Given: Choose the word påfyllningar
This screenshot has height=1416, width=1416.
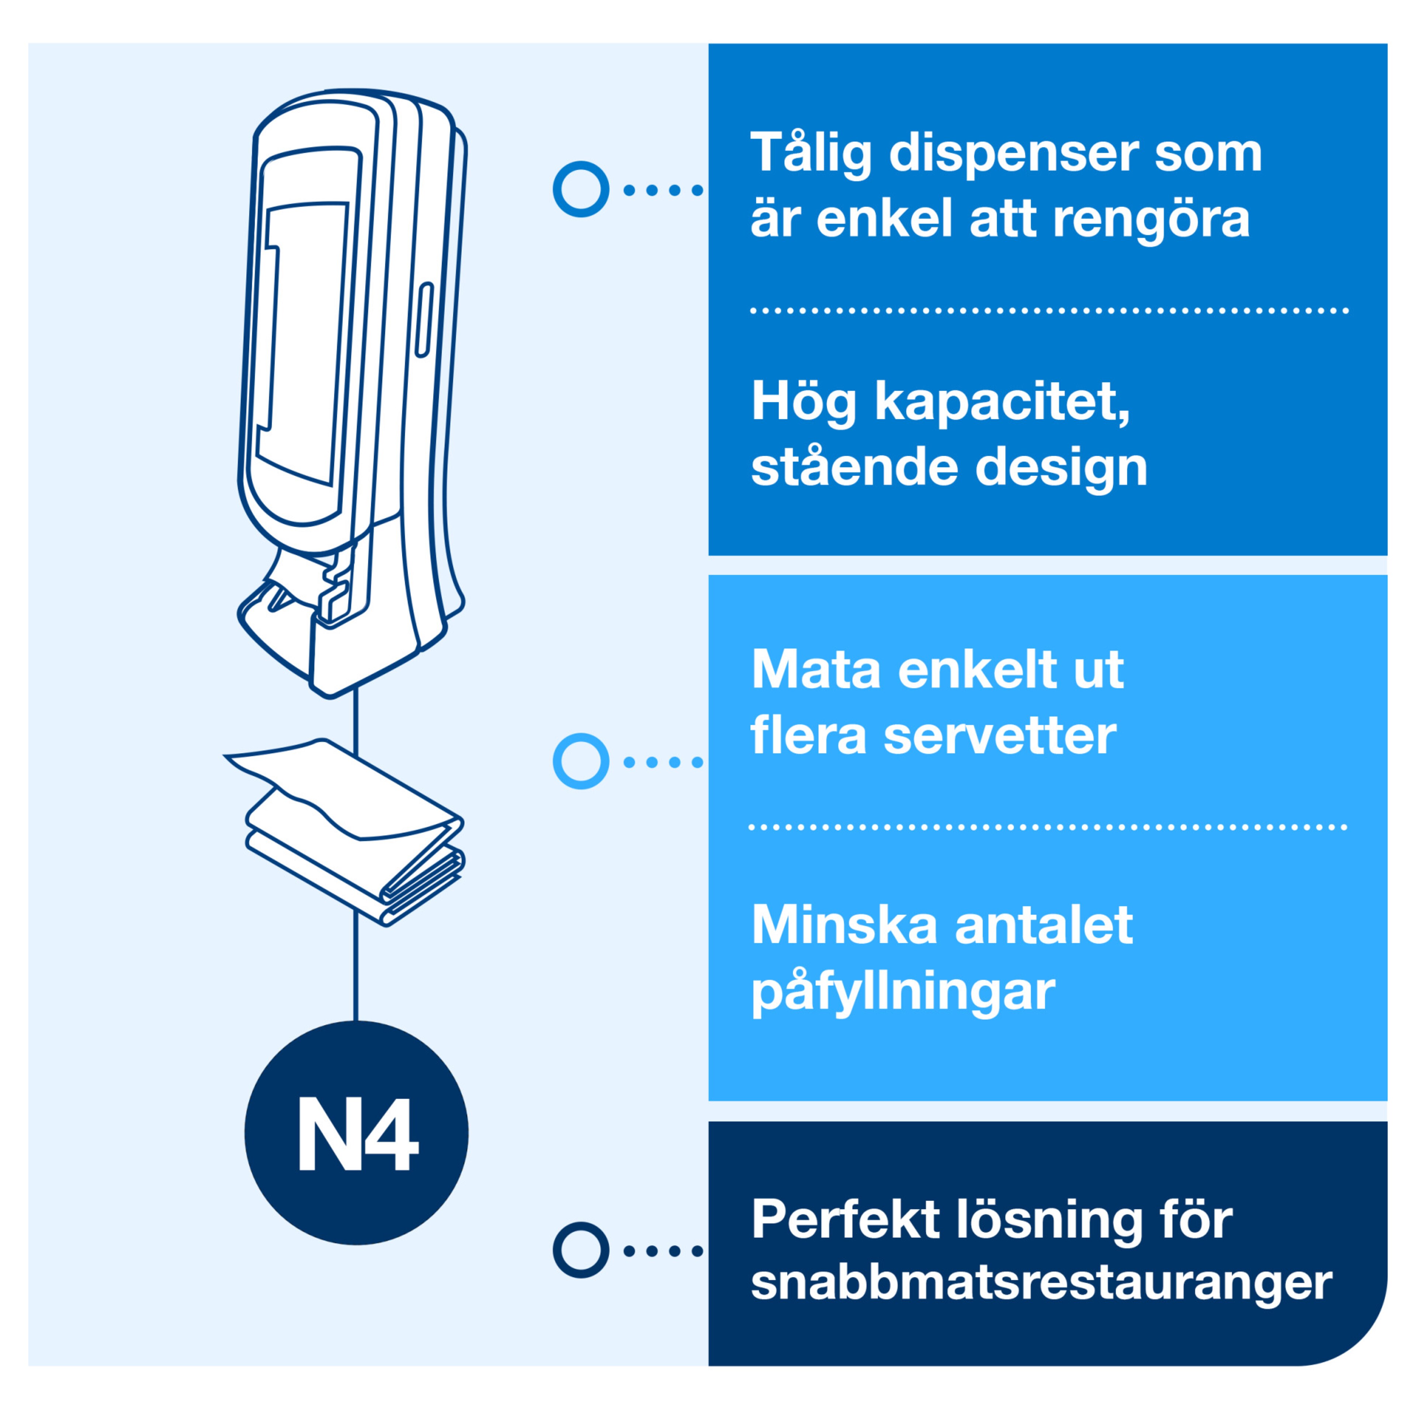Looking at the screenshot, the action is tap(903, 994).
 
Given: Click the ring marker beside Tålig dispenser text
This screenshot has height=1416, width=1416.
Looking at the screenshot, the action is tap(580, 189).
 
